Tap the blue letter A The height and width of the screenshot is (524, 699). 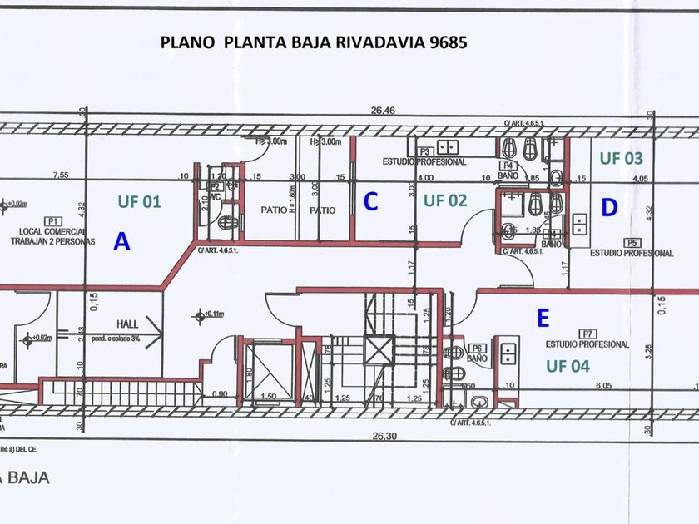121,242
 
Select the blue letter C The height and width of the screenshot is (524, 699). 371,201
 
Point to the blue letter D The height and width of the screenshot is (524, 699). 609,208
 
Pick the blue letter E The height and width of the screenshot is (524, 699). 543,318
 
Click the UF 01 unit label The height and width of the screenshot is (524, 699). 139,201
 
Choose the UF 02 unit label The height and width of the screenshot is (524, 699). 445,200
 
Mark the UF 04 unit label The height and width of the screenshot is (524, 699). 568,364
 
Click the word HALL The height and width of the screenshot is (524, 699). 127,325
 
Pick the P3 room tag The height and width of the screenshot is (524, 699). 424,151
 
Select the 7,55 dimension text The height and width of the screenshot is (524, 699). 59,175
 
